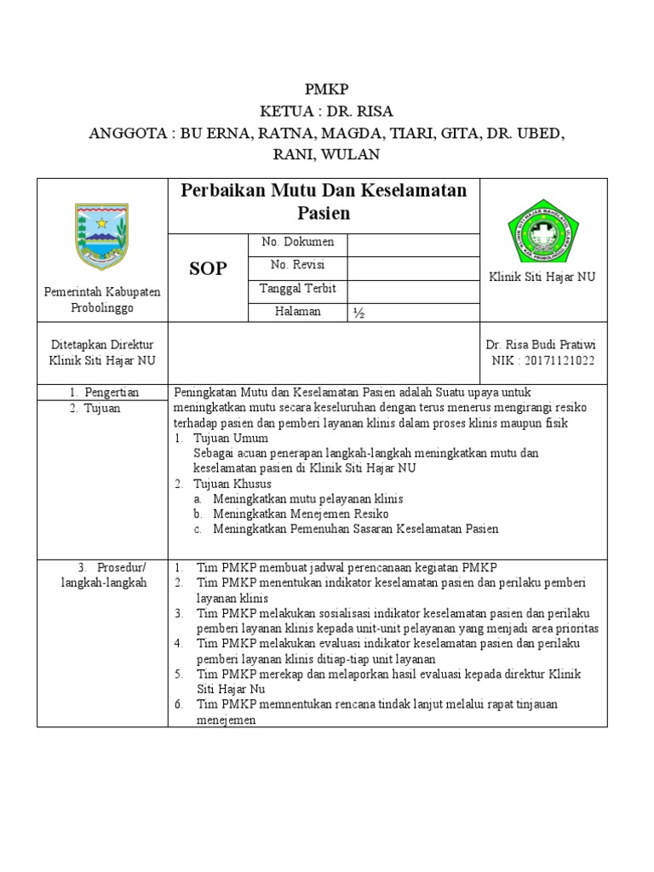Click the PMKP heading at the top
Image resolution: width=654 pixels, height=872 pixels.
point(327,89)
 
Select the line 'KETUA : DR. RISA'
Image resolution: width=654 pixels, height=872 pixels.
point(327,112)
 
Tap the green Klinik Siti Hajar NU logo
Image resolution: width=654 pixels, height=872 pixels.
point(543,227)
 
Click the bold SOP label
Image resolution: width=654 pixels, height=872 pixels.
point(208,269)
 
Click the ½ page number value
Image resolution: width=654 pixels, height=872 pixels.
point(359,313)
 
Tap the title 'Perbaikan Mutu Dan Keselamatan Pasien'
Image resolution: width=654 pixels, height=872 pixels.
point(324,202)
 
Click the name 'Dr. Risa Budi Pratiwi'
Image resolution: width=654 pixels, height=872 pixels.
point(541,345)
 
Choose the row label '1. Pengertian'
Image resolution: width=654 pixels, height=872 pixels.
point(104,393)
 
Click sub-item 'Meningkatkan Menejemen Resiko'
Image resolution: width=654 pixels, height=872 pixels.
point(301,513)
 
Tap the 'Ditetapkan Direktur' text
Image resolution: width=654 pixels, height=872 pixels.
point(102,345)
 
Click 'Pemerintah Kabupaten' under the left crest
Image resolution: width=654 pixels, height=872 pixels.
point(102,292)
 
